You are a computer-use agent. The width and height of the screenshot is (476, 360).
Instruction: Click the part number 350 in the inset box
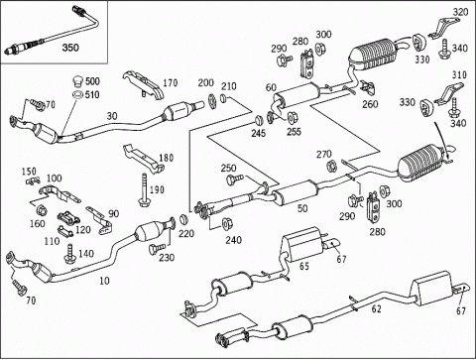pyautogui.click(x=70, y=48)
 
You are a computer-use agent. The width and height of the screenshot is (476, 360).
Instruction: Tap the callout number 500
pyautogui.click(x=92, y=81)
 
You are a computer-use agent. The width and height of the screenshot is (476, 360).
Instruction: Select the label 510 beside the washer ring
pyautogui.click(x=92, y=95)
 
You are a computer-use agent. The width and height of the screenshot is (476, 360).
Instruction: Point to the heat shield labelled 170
pyautogui.click(x=144, y=84)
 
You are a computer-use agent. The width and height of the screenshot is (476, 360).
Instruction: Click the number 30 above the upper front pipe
pyautogui.click(x=112, y=116)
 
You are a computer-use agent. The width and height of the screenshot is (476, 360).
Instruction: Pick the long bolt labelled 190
pyautogui.click(x=144, y=190)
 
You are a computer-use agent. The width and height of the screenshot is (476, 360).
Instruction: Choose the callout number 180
pyautogui.click(x=167, y=158)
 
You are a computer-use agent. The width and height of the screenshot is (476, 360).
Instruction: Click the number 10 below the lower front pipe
pyautogui.click(x=104, y=281)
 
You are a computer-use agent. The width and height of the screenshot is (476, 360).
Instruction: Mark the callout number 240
pyautogui.click(x=233, y=240)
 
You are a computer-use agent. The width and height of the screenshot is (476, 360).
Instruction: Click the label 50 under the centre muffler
pyautogui.click(x=302, y=208)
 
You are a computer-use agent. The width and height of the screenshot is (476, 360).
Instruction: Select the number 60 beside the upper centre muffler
pyautogui.click(x=271, y=87)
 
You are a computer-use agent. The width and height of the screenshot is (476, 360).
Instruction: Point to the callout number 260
pyautogui.click(x=370, y=104)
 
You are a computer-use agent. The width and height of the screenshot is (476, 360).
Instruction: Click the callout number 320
pyautogui.click(x=460, y=12)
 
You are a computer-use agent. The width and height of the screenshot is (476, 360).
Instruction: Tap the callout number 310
pyautogui.click(x=459, y=74)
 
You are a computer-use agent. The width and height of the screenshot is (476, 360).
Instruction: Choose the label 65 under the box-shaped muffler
pyautogui.click(x=304, y=266)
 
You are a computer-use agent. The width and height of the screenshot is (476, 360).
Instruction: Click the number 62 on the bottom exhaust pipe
pyautogui.click(x=377, y=309)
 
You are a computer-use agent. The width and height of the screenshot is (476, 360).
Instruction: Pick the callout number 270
pyautogui.click(x=324, y=154)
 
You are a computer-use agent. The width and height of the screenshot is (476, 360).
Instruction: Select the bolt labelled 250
pyautogui.click(x=235, y=180)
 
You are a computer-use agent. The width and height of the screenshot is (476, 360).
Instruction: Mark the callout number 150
pyautogui.click(x=29, y=172)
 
